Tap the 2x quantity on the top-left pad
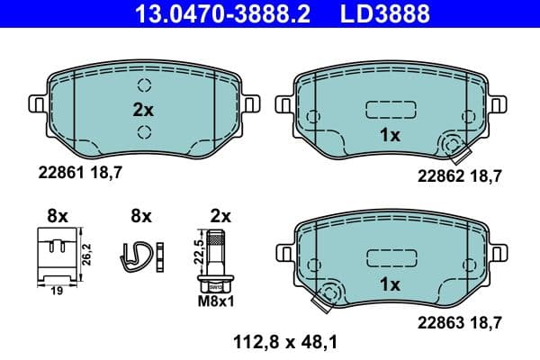tap(143, 110)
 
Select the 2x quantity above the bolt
tap(220, 216)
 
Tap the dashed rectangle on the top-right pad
tap(389, 110)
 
